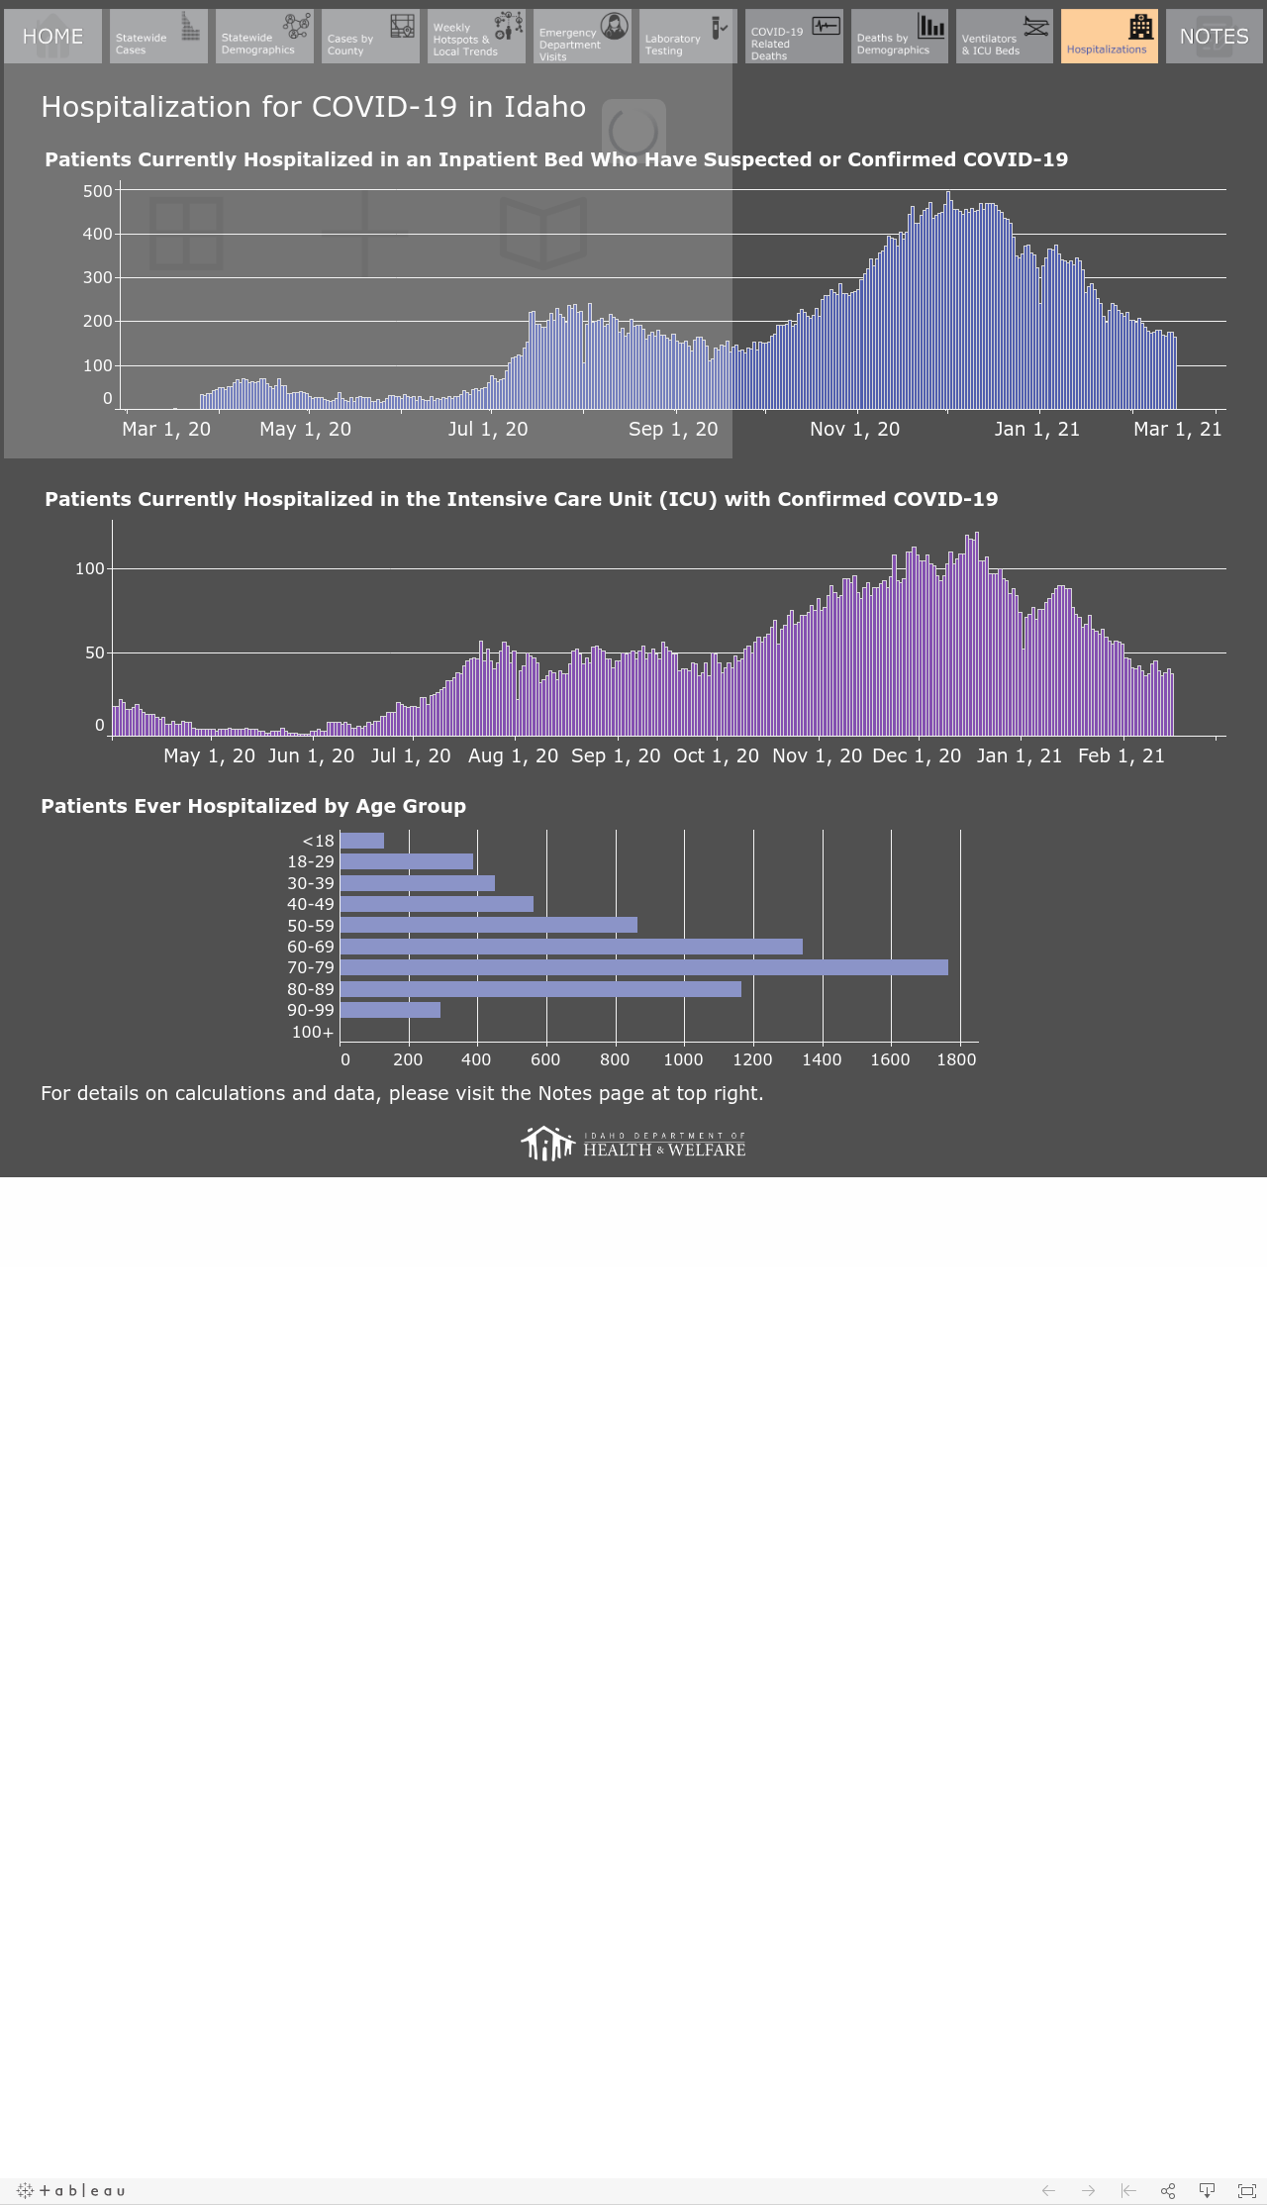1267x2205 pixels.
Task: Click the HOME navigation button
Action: [52, 37]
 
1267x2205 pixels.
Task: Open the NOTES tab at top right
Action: [1215, 37]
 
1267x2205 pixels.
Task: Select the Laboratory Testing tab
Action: [688, 37]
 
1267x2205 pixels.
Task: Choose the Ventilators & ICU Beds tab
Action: [1005, 37]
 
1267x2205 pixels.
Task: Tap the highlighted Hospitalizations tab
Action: [1110, 37]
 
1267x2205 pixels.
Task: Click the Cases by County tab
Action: [370, 37]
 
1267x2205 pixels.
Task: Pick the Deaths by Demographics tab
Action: [900, 37]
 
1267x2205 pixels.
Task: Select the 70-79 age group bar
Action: [643, 967]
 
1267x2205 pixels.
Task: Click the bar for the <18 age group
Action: [361, 841]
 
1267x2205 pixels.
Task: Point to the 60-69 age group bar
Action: [571, 947]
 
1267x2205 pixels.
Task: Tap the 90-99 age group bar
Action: [390, 1010]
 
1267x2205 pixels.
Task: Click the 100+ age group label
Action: [313, 1032]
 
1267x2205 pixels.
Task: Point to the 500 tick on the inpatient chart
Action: [98, 191]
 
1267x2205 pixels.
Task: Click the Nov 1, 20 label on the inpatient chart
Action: [855, 429]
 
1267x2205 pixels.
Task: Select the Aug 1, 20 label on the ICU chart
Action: [513, 755]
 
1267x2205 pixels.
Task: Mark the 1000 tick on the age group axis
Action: [683, 1059]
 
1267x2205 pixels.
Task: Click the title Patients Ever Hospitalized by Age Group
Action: [253, 806]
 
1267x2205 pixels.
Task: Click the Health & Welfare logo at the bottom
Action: [633, 1144]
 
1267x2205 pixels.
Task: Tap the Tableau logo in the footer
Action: [71, 2190]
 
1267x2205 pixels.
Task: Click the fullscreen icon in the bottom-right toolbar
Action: [1247, 2190]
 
